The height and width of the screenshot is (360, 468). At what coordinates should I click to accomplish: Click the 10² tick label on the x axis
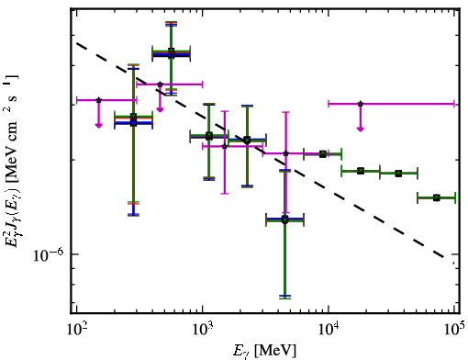point(77,330)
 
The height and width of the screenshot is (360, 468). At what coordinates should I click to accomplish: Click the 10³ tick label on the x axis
point(203,330)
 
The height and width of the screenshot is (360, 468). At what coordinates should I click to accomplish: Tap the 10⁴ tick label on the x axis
point(329,330)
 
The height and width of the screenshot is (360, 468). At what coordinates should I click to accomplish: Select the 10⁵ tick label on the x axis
point(454,330)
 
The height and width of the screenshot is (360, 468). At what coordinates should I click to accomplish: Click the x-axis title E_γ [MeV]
point(264,351)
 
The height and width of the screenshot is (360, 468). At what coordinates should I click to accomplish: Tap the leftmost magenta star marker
point(98,100)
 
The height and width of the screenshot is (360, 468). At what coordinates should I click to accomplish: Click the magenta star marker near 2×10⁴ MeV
point(361,104)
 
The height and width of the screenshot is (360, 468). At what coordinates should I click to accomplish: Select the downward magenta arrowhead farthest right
point(361,129)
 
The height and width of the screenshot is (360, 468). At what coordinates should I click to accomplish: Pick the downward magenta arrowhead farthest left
point(98,125)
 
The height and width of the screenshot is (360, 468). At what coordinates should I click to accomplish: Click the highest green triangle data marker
point(172,51)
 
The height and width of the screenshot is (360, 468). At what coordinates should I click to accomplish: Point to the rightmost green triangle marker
point(437,197)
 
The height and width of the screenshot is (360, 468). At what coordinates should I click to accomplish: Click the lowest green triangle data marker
point(284,219)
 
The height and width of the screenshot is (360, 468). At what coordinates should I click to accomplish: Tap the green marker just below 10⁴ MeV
point(323,154)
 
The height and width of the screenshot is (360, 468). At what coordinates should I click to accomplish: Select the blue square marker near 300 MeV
point(133,123)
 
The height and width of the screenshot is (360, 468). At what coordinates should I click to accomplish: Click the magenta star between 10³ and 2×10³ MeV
point(225,146)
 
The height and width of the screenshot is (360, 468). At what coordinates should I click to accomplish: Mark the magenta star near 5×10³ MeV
point(286,153)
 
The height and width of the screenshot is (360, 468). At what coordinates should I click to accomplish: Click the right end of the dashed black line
point(454,263)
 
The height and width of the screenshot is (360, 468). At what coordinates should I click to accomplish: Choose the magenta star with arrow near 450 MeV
point(160,84)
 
